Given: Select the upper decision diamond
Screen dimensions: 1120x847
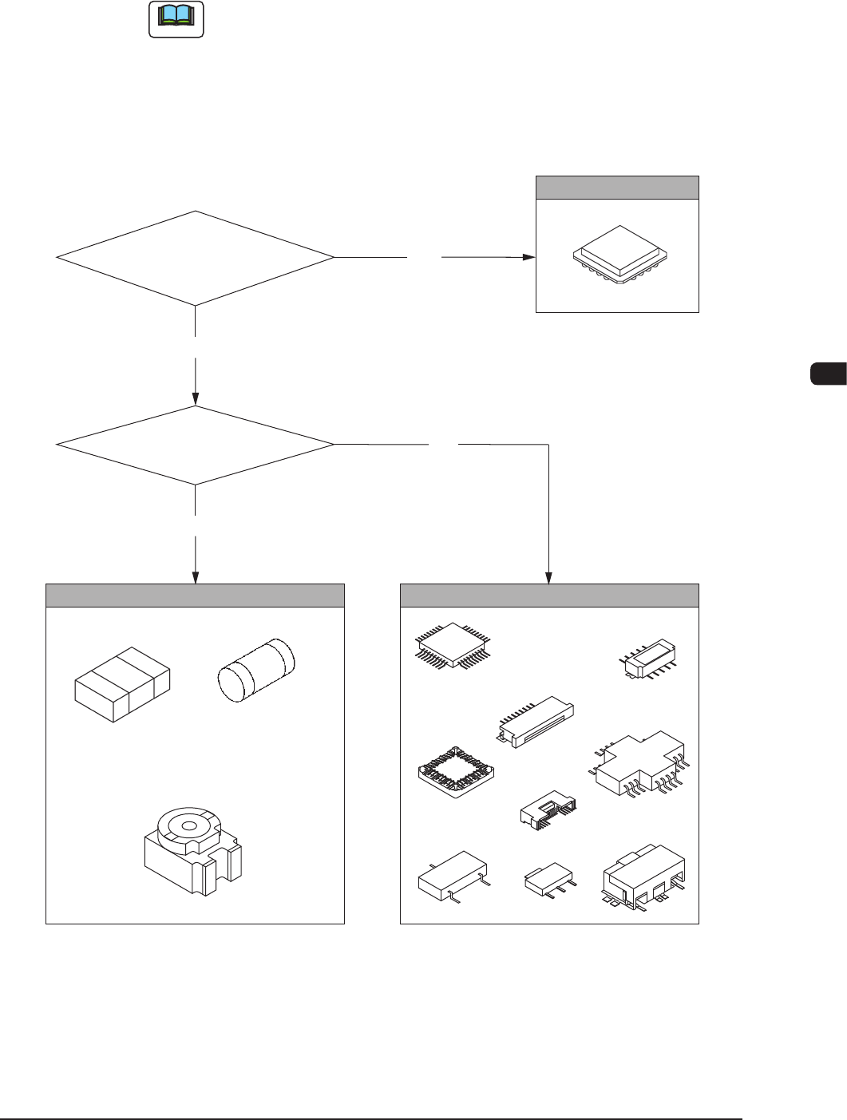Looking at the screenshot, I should click(x=195, y=258).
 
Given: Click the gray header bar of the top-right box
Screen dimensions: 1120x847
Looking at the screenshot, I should click(x=617, y=188).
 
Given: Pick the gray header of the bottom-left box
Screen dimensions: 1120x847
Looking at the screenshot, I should click(x=195, y=596).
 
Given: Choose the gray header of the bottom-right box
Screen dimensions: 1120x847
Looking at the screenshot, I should click(x=549, y=596).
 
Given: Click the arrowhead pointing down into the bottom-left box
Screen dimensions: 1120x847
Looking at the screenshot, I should click(x=195, y=577).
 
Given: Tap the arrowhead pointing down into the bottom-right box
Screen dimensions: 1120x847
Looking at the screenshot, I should click(x=549, y=577).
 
